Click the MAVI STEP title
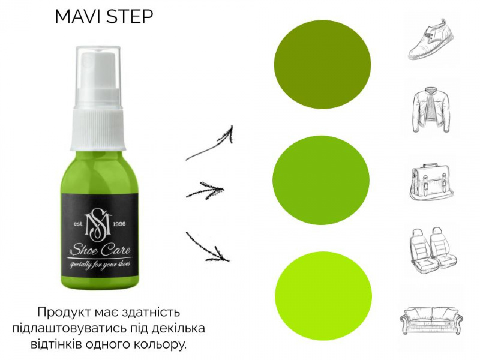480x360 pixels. click(x=104, y=17)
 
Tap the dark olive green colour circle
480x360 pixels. click(x=322, y=64)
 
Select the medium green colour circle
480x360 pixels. click(x=321, y=180)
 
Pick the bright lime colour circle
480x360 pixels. click(x=323, y=296)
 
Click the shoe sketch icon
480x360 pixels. click(x=431, y=39)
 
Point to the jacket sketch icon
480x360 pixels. click(x=431, y=110)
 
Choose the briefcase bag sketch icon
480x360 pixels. click(x=431, y=183)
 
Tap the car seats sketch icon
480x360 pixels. click(x=433, y=248)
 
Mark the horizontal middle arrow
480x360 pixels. click(x=205, y=190)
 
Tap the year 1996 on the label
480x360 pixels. click(x=119, y=224)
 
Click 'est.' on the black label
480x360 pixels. click(x=79, y=224)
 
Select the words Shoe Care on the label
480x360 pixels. click(x=100, y=250)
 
